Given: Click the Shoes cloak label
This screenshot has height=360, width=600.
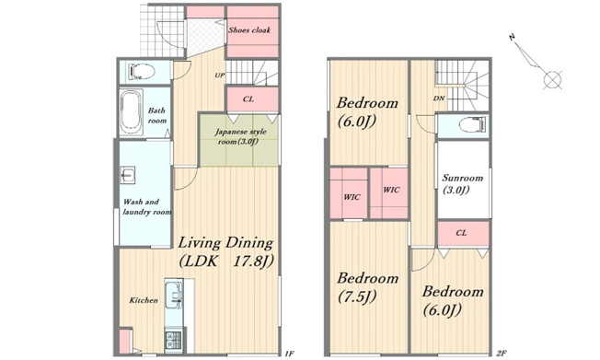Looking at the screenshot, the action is pyautogui.click(x=249, y=29).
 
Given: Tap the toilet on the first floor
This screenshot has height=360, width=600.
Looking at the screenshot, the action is pyautogui.click(x=142, y=72).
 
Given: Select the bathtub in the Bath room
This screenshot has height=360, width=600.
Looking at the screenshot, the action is pyautogui.click(x=132, y=112).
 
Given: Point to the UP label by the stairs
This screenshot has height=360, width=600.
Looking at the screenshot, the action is pyautogui.click(x=220, y=75).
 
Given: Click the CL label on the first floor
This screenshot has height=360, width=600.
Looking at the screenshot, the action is pyautogui.click(x=248, y=99).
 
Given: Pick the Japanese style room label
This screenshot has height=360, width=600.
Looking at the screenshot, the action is pyautogui.click(x=240, y=136).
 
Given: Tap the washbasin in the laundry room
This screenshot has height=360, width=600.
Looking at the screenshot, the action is pyautogui.click(x=127, y=176).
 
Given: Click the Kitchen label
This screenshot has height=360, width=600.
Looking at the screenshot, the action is pyautogui.click(x=144, y=300).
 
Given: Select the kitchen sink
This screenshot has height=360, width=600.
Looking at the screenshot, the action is pyautogui.click(x=174, y=294).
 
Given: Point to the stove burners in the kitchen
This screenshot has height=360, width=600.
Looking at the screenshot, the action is pyautogui.click(x=173, y=340).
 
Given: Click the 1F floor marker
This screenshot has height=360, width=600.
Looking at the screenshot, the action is pyautogui.click(x=289, y=354).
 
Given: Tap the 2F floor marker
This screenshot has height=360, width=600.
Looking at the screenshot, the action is pyautogui.click(x=502, y=354).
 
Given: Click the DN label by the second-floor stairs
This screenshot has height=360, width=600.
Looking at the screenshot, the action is pyautogui.click(x=439, y=99).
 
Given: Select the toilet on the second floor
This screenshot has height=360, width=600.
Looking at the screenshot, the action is pyautogui.click(x=473, y=125).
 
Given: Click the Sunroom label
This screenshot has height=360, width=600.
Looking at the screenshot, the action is pyautogui.click(x=463, y=184).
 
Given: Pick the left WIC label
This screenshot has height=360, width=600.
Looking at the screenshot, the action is pyautogui.click(x=352, y=197).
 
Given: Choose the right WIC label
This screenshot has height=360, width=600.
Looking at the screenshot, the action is pyautogui.click(x=391, y=190).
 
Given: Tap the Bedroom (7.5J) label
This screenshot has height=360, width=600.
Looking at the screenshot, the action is pyautogui.click(x=368, y=287).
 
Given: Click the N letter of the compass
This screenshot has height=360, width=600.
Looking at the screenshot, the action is pyautogui.click(x=512, y=37).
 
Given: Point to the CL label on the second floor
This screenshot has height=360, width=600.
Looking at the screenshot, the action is pyautogui.click(x=461, y=233).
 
